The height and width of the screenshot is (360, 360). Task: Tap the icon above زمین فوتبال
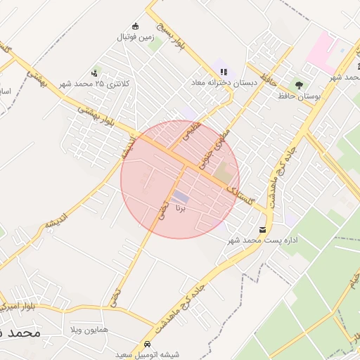(136, 26)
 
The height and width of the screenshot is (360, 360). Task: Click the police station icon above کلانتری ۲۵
(94, 73)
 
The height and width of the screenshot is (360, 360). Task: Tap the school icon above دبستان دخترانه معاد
(224, 72)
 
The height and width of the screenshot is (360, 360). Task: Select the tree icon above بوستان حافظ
(300, 85)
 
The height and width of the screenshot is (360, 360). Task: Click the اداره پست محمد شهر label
(264, 240)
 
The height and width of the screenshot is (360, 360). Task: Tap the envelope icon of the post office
(263, 230)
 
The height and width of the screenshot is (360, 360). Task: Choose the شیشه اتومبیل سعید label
(149, 355)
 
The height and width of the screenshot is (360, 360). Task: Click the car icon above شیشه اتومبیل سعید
(148, 345)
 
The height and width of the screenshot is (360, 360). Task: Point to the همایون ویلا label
(89, 329)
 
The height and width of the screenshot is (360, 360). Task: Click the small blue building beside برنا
(181, 196)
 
